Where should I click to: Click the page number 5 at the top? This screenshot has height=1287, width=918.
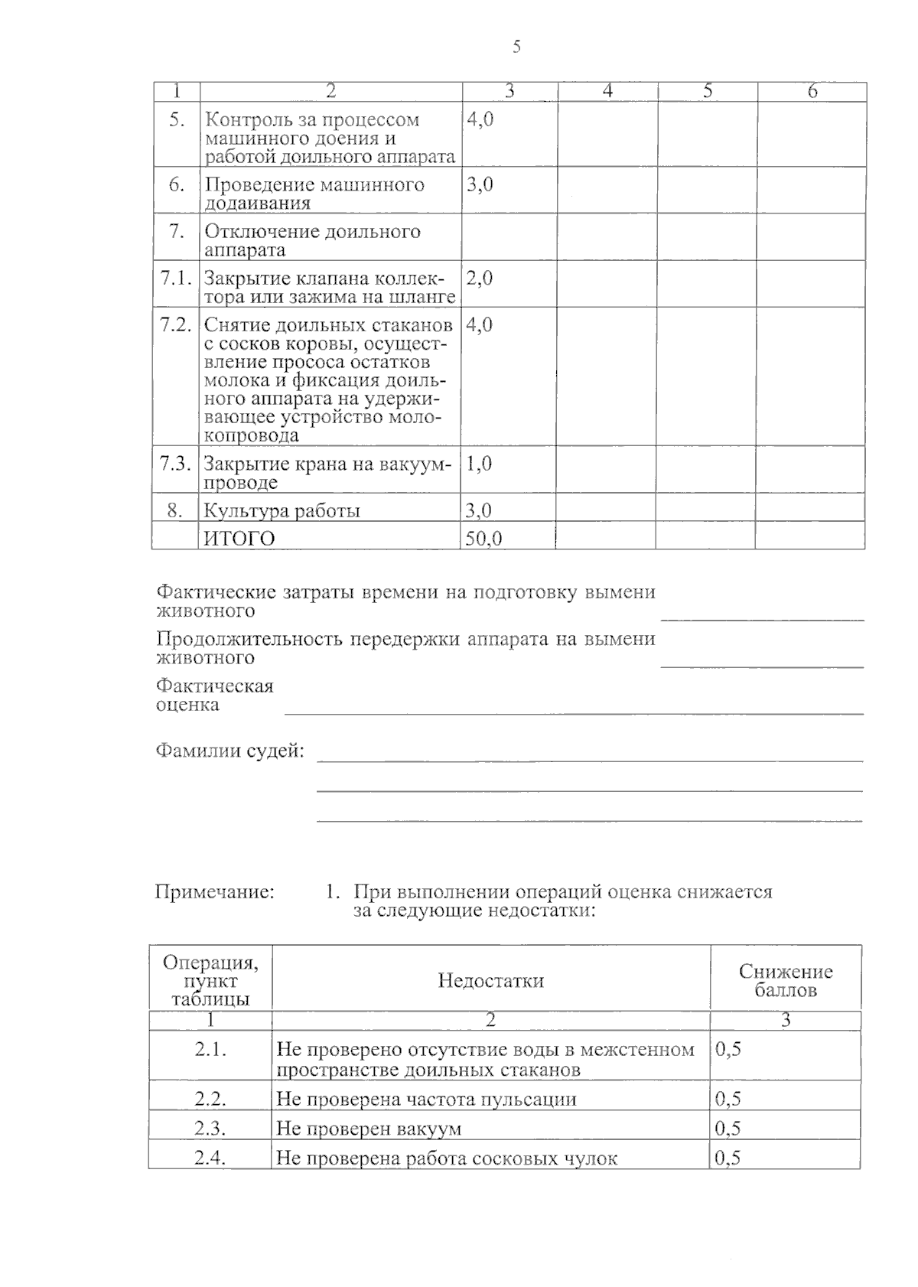[x=516, y=47]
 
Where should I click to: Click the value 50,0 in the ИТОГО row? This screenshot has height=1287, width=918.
[x=483, y=539]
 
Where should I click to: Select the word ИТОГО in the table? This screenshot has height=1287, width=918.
[x=239, y=539]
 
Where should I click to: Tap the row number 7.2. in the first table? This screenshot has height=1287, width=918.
[x=175, y=324]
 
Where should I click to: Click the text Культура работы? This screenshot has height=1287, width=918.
[x=282, y=511]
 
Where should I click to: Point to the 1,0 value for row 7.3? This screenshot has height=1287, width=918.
[x=479, y=464]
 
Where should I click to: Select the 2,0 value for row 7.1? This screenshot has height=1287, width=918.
[x=479, y=279]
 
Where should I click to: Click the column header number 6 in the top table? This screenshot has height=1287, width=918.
[x=812, y=92]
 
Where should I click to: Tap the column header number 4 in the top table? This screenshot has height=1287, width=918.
[x=607, y=92]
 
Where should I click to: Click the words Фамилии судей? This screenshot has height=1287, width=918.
[x=229, y=751]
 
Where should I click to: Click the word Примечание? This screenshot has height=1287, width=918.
[x=214, y=891]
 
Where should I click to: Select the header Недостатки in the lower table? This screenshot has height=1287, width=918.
[x=490, y=981]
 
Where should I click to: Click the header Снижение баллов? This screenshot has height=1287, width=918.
[x=786, y=981]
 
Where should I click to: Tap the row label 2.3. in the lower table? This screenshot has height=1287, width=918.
[x=210, y=1129]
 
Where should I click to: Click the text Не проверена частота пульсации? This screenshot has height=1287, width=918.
[x=426, y=1100]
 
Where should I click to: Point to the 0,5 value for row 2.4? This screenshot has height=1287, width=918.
[x=728, y=1158]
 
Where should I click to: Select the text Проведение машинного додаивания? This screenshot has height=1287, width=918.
[x=314, y=194]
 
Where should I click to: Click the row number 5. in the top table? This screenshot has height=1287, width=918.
[x=177, y=120]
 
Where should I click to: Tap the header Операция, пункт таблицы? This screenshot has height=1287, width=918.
[x=210, y=981]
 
